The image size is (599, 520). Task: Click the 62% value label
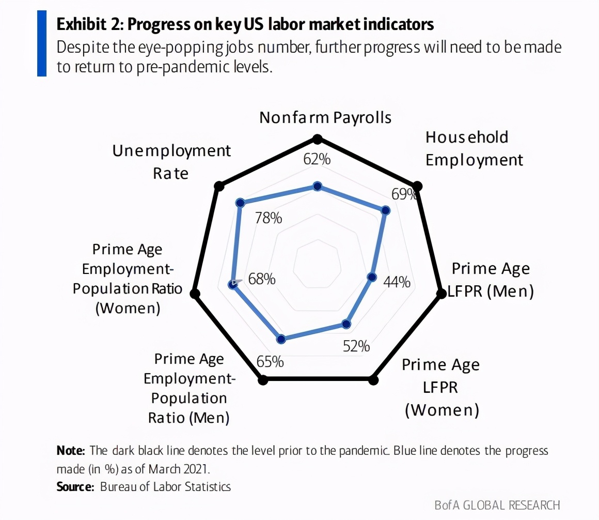click(x=317, y=159)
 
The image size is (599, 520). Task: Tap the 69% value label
click(x=404, y=194)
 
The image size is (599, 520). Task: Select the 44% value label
click(x=397, y=282)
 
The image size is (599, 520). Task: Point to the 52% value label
click(x=356, y=346)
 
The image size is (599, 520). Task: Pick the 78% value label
click(x=269, y=218)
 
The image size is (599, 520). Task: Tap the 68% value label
click(x=262, y=279)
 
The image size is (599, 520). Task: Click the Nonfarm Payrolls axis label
click(x=325, y=118)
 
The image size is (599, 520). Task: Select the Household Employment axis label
click(x=474, y=148)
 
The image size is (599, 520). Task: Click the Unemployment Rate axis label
click(x=171, y=162)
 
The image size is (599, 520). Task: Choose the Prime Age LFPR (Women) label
click(x=442, y=387)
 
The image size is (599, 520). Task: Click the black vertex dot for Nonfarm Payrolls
click(x=318, y=139)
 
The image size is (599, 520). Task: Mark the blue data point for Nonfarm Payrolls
click(x=318, y=186)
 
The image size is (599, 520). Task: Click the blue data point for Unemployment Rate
click(x=239, y=203)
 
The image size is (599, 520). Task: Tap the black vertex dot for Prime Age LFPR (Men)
click(x=441, y=294)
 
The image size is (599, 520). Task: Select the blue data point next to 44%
click(x=371, y=277)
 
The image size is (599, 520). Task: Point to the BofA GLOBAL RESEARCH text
click(x=497, y=505)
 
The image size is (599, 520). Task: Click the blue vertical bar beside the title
click(x=42, y=43)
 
